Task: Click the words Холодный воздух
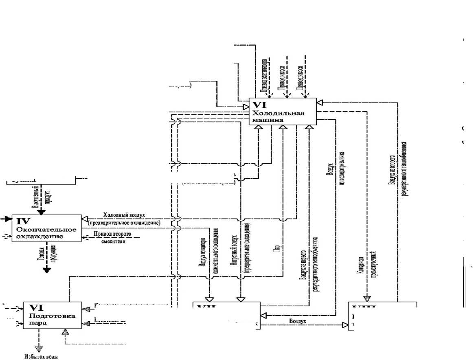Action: point(124,215)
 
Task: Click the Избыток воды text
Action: point(40,357)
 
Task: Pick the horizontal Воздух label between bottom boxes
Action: point(298,320)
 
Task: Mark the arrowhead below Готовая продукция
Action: point(47,269)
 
